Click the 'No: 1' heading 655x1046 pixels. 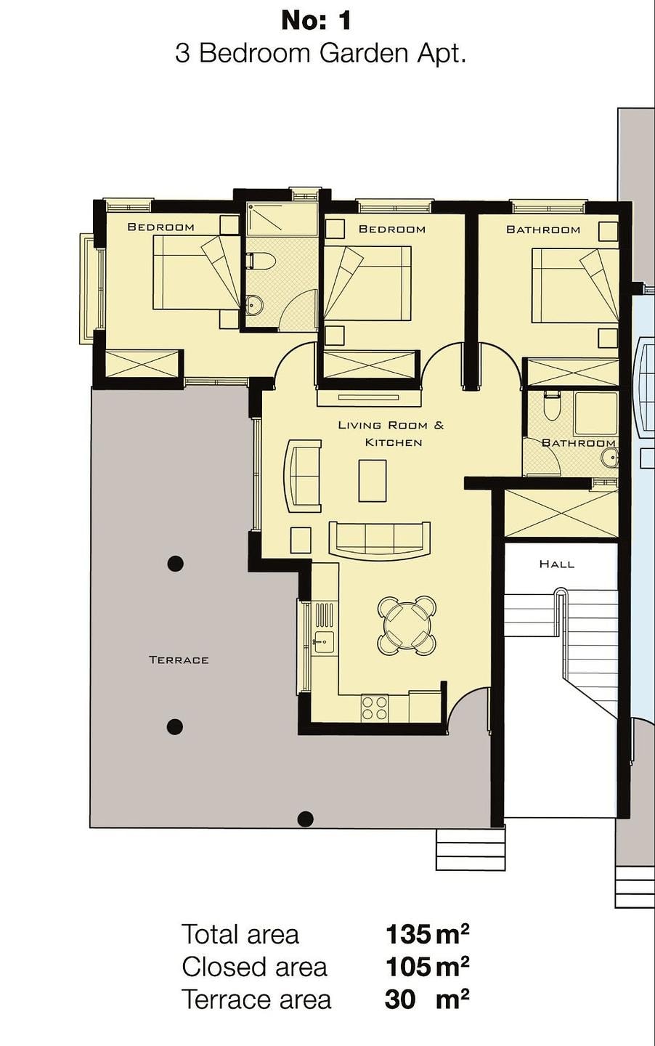316,22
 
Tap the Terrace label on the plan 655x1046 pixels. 179,660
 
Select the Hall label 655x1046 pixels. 557,564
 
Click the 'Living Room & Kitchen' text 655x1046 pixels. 391,434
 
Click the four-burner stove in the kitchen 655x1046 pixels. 375,708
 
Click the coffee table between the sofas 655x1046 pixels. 373,481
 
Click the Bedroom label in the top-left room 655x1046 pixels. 161,227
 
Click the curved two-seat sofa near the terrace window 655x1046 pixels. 303,476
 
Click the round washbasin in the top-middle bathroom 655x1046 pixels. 255,305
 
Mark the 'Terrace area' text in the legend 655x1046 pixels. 256,1000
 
